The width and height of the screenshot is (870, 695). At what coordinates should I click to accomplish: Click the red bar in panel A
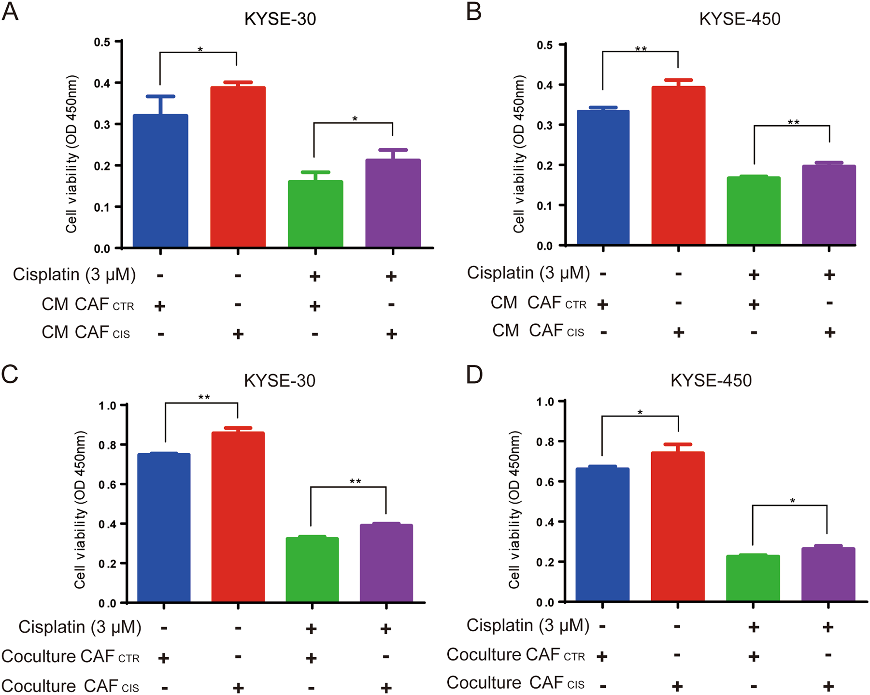click(x=238, y=167)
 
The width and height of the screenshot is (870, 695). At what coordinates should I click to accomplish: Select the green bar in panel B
click(x=753, y=210)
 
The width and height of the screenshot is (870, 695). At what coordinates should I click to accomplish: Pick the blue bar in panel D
click(x=602, y=534)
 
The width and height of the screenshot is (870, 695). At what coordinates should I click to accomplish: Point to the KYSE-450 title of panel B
click(x=740, y=19)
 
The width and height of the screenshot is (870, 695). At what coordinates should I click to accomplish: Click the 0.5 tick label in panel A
click(x=102, y=43)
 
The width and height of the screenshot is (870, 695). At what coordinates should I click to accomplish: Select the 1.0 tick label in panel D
click(x=545, y=402)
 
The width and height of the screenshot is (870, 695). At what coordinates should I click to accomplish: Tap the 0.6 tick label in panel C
click(x=107, y=485)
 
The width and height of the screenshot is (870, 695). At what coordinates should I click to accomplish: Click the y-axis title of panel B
click(x=519, y=154)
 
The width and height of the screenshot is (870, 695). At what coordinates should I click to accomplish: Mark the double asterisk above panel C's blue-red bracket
click(x=204, y=398)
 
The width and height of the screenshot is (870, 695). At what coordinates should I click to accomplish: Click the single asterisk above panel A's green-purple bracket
click(x=355, y=119)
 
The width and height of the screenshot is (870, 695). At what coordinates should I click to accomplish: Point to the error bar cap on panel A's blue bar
click(x=160, y=97)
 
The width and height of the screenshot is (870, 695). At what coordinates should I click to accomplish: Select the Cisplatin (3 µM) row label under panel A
click(x=74, y=275)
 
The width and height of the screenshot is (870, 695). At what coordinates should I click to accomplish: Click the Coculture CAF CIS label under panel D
click(x=515, y=683)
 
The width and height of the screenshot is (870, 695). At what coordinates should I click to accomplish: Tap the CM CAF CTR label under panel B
click(x=538, y=303)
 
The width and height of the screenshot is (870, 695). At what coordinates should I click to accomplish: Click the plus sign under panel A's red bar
click(x=238, y=334)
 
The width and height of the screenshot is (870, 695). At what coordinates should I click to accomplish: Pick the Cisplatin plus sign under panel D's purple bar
click(x=828, y=627)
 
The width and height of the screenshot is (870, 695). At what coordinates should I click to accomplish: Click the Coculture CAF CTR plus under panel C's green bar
click(x=311, y=658)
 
